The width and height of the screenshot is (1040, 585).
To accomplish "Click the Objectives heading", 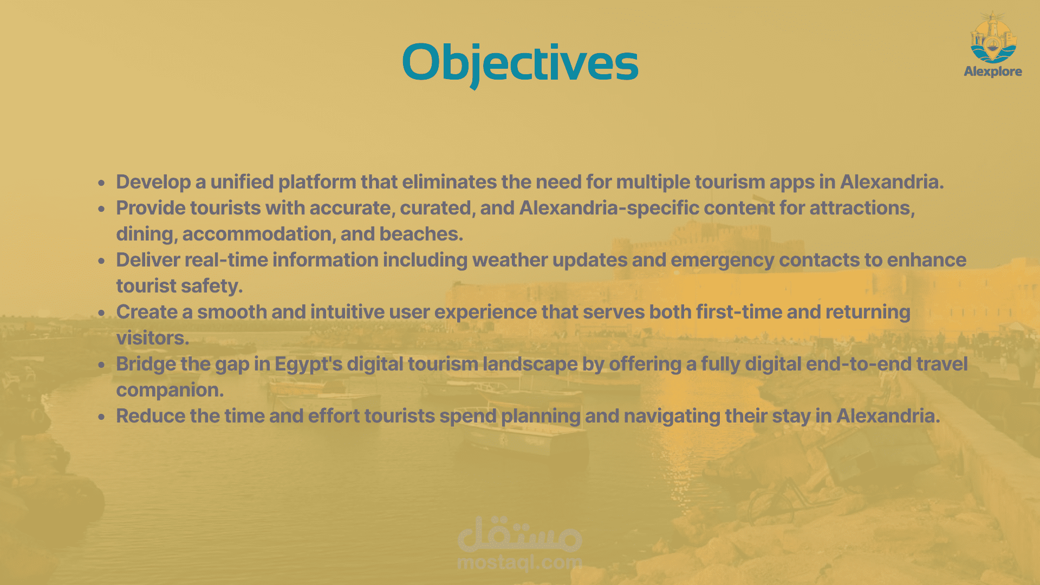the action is point(521,64).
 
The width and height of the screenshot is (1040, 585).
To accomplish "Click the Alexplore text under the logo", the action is point(993,71).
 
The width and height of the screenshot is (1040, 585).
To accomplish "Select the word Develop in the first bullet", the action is point(153,183).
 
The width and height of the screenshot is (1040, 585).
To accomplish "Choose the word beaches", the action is point(421,234).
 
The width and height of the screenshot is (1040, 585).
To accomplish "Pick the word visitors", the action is point(153,338).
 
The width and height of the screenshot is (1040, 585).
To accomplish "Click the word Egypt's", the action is point(309,365).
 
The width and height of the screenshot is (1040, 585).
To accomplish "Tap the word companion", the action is point(170,391).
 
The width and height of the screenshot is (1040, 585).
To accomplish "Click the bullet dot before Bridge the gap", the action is point(101,365).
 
